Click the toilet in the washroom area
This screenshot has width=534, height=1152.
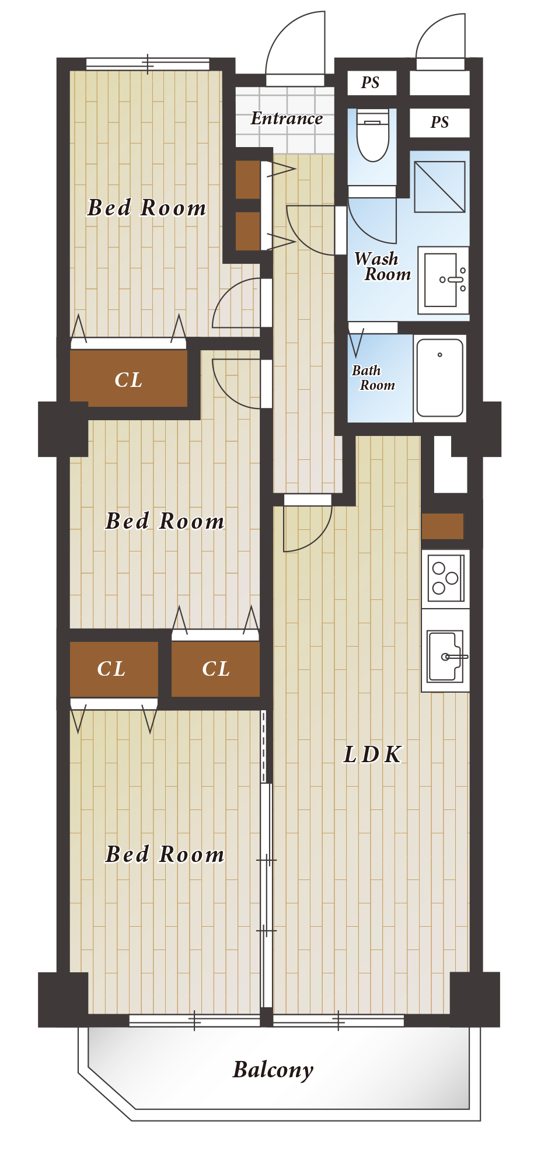point(373,135)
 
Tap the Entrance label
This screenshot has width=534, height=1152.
point(287,118)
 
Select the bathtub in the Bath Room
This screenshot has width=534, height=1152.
point(440,378)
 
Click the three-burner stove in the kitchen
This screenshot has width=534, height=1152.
point(446,578)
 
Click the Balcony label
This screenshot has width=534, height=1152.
point(273,1070)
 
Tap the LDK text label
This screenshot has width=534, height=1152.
point(372,755)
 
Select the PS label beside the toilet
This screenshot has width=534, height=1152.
point(370,83)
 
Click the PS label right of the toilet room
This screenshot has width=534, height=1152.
point(439,123)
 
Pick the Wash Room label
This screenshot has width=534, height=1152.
point(382,267)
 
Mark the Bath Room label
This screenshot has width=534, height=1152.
point(374,378)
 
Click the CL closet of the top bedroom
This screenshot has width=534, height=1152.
point(128,378)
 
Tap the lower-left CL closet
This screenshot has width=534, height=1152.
point(114,669)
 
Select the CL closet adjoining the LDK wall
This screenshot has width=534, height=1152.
point(215,669)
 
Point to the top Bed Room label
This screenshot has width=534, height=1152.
point(146,208)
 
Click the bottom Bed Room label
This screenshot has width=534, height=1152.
point(165,854)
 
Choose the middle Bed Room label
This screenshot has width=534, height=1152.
point(165,521)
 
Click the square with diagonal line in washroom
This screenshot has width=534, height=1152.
point(440,187)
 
